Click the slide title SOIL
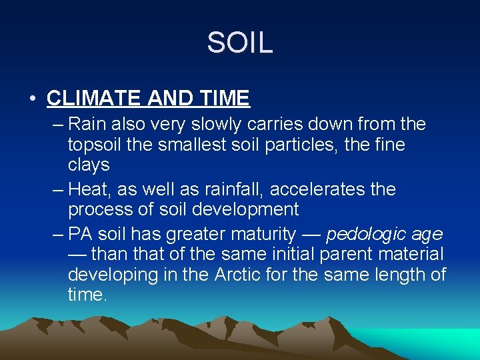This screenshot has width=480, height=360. click(240, 43)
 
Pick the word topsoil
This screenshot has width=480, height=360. click(95, 145)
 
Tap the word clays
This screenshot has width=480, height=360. click(88, 164)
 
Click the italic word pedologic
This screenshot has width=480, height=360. click(364, 235)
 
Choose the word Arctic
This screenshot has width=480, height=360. click(239, 274)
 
